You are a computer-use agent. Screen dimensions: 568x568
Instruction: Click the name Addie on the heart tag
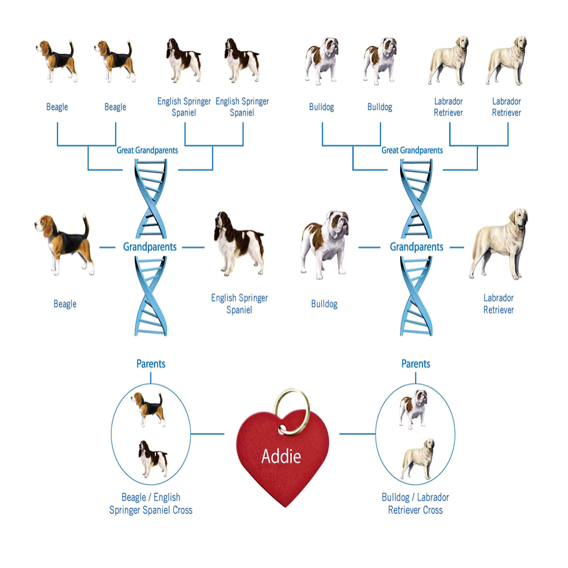point(281,456)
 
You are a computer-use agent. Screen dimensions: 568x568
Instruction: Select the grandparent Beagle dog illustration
point(64,243)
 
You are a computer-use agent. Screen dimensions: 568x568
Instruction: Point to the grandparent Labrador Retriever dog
point(499,244)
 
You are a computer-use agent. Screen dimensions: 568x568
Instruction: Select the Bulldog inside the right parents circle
point(414,409)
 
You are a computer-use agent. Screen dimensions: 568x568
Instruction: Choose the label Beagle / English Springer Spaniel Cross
point(151,504)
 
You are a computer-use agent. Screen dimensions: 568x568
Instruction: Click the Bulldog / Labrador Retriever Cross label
point(415,504)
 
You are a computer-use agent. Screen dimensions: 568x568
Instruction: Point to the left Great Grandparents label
point(147,150)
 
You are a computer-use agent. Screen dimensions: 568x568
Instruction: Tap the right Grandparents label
point(416,248)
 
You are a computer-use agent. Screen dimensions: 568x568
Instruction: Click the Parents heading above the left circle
point(151,364)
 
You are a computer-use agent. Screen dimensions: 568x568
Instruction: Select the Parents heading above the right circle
point(416,364)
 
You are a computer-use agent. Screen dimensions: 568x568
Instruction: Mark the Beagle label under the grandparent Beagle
point(65,303)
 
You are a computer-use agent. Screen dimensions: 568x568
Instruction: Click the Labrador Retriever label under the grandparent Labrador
point(499,303)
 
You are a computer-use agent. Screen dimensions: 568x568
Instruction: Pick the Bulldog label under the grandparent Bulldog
point(324,303)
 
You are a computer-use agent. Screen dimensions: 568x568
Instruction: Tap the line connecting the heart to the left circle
point(207,434)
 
